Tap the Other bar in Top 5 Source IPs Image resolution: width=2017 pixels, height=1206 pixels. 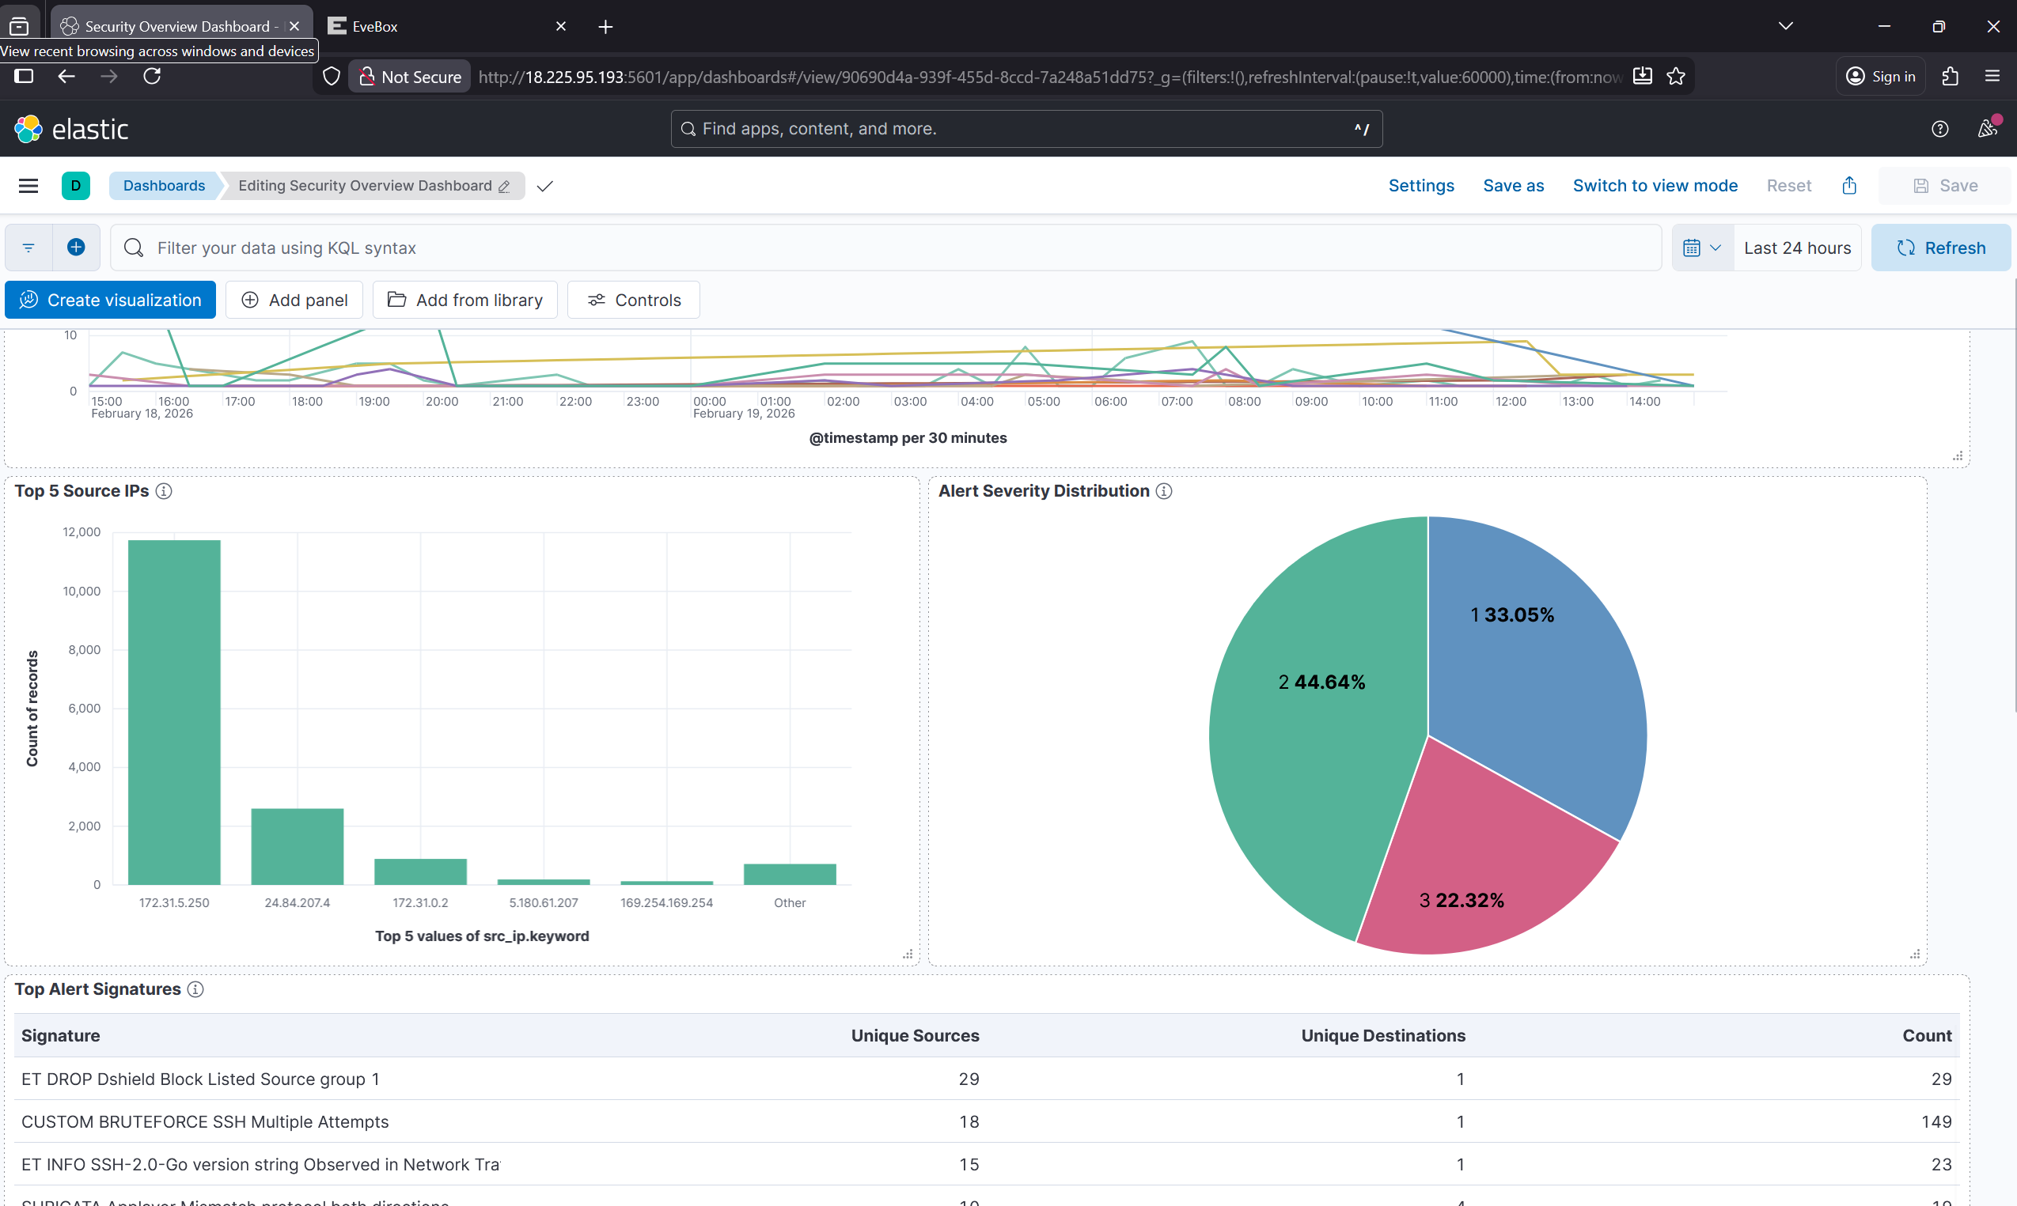(790, 874)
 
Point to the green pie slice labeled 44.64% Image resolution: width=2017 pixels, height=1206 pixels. (1317, 732)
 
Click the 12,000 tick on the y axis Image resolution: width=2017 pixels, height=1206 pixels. (82, 532)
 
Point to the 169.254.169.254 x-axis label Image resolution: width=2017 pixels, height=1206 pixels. (666, 903)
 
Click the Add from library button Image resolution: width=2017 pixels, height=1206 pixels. (465, 300)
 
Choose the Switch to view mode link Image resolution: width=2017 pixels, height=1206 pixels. (1655, 185)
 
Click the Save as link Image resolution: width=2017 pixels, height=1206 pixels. (1513, 185)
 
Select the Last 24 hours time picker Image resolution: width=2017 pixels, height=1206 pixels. (1797, 248)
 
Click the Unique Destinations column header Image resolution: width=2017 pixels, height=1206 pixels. (1383, 1035)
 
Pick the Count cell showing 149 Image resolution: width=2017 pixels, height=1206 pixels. (1935, 1121)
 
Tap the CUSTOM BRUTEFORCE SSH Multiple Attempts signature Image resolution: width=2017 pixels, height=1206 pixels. (205, 1121)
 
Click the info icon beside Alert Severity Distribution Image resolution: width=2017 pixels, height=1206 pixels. (1164, 491)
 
